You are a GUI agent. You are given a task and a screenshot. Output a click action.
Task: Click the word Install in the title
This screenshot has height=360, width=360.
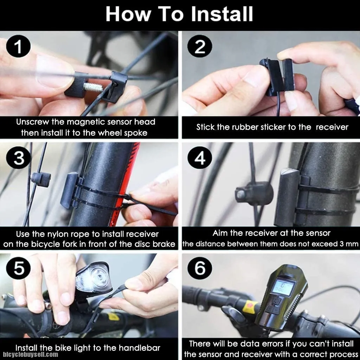tap(222, 14)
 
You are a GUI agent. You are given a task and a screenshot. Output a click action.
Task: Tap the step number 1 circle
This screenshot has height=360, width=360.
tap(18, 46)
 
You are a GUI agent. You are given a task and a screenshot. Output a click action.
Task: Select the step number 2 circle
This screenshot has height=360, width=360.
tap(200, 46)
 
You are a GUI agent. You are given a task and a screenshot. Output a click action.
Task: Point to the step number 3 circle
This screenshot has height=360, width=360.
tap(19, 158)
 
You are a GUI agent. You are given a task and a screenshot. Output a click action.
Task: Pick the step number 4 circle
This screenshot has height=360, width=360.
tap(200, 158)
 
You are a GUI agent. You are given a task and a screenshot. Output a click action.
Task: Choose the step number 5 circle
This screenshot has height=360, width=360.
tap(18, 268)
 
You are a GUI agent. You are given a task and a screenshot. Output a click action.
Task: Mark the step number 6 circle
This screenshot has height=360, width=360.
tap(200, 268)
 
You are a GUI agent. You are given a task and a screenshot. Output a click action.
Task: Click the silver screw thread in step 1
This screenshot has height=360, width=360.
tap(93, 87)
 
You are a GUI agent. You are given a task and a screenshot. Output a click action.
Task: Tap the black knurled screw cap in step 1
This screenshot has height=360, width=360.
tap(76, 84)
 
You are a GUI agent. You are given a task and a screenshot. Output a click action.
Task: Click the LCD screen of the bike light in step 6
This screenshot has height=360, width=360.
tap(283, 288)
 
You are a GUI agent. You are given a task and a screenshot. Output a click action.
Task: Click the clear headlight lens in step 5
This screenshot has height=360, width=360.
tap(94, 278)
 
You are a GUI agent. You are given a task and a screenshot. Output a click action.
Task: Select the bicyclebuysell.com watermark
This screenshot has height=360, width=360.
tap(31, 355)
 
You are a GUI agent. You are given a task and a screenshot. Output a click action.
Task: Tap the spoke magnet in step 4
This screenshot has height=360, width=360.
tap(254, 194)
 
